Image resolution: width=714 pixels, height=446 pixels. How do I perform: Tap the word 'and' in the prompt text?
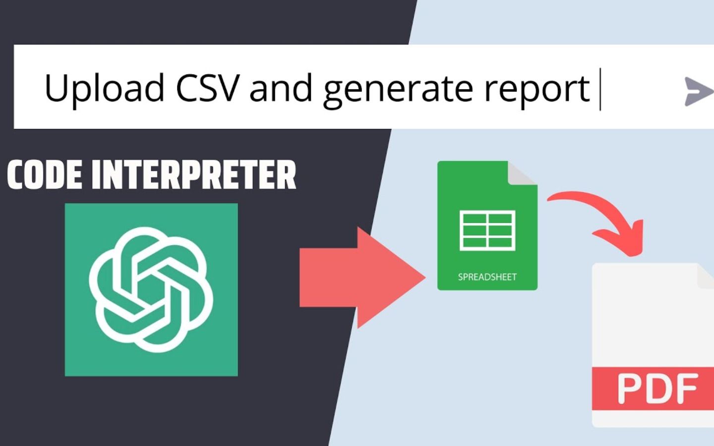point(281,88)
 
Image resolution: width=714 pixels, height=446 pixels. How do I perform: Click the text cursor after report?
point(600,89)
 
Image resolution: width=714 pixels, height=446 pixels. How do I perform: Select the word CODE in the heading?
point(45,175)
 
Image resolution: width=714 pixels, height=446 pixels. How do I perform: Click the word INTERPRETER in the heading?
point(194,175)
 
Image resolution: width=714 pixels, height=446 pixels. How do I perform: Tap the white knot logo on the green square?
point(151,289)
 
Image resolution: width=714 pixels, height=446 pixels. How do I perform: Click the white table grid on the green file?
point(487,230)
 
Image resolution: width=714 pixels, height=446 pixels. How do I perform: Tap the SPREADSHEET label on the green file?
point(487,277)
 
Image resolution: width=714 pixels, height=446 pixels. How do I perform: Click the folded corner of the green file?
point(521,174)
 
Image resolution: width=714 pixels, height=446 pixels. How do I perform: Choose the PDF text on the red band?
point(657,389)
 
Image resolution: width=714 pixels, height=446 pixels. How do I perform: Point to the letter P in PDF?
point(629,389)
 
